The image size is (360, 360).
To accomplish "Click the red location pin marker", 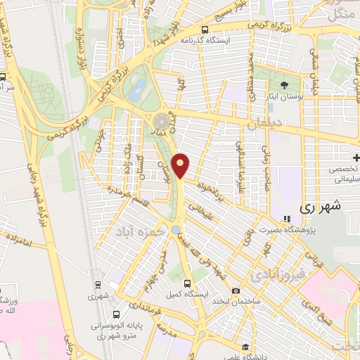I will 181,166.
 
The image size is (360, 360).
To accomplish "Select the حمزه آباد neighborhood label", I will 136,231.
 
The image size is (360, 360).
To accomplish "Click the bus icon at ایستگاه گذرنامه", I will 204,30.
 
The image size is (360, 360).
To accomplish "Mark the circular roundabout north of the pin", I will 163,120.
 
